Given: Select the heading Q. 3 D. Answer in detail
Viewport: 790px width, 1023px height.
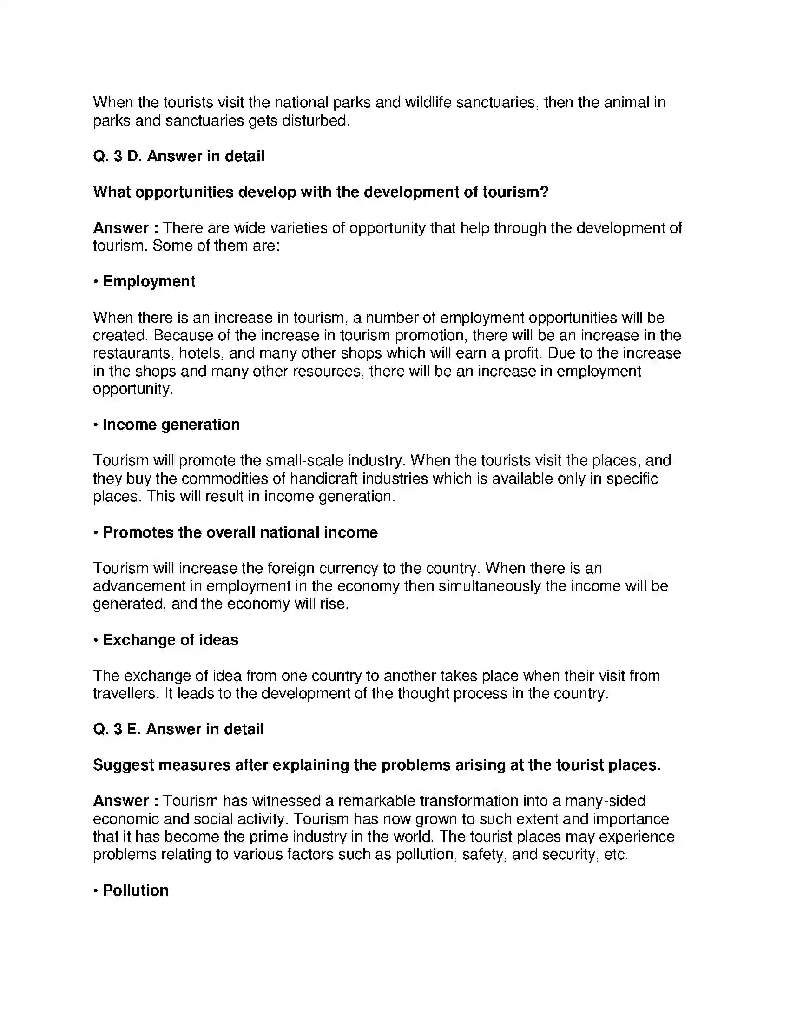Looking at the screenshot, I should pyautogui.click(x=178, y=156).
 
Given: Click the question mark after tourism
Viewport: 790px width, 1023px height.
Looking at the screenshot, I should pyautogui.click(x=544, y=192).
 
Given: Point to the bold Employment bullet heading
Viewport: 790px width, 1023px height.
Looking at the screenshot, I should pyautogui.click(x=149, y=281).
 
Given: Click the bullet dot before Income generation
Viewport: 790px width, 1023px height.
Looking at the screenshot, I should pyautogui.click(x=95, y=425).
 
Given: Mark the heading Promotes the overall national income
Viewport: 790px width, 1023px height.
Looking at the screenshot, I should pyautogui.click(x=240, y=532).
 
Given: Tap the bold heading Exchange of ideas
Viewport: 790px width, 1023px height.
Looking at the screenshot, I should pyautogui.click(x=171, y=640).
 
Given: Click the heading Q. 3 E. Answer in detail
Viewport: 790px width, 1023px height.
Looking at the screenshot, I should pyautogui.click(x=178, y=729).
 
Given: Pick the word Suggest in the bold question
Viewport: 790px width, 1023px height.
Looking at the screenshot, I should pyautogui.click(x=124, y=765).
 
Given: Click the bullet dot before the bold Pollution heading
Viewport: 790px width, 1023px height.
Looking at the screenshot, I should pyautogui.click(x=95, y=890).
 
